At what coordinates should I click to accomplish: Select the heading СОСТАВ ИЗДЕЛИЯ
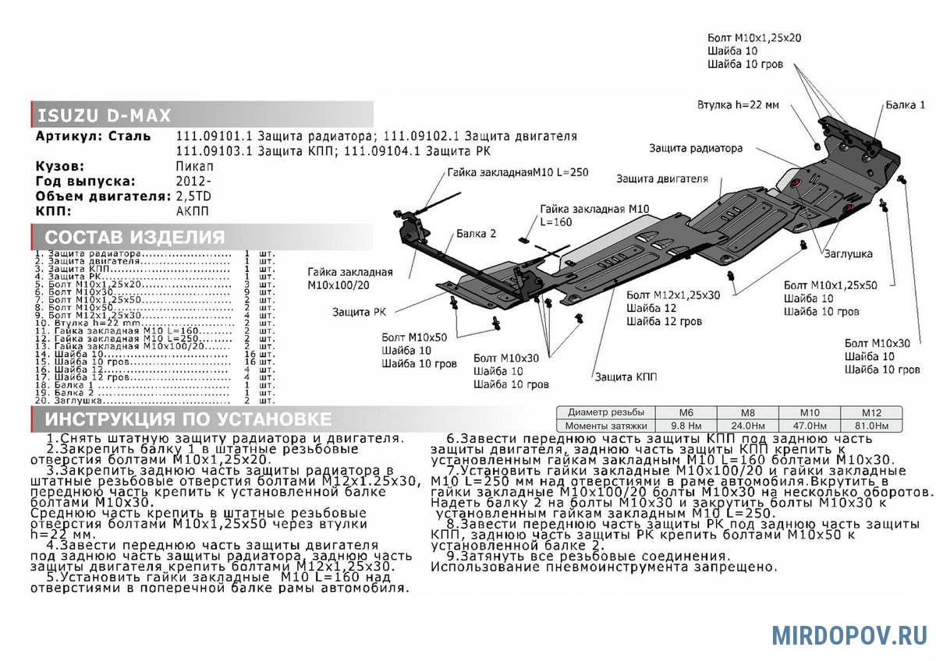(x=134, y=238)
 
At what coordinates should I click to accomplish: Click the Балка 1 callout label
(x=905, y=104)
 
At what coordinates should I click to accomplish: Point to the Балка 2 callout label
(x=477, y=234)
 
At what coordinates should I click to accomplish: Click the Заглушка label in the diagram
(x=846, y=254)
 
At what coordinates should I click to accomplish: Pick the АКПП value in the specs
(x=193, y=211)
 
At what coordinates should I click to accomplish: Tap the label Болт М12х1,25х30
(x=673, y=295)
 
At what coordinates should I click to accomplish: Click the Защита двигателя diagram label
(x=662, y=179)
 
